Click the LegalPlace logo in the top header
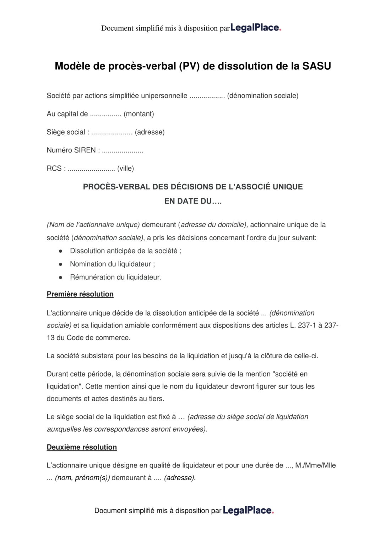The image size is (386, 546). click(256, 28)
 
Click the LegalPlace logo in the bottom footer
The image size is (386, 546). click(248, 510)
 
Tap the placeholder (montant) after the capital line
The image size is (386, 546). click(139, 114)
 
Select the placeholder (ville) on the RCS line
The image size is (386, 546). click(125, 168)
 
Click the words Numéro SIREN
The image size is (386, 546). click(71, 150)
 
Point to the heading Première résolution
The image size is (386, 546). click(80, 294)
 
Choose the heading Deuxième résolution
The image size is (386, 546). click(82, 447)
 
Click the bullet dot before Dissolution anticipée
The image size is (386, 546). click(61, 251)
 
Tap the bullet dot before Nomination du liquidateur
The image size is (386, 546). click(61, 264)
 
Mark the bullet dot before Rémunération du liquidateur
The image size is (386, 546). click(61, 277)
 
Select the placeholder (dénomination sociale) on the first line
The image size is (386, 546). click(262, 96)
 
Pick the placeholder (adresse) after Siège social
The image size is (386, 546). click(149, 132)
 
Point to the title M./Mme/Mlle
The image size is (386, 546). click(315, 465)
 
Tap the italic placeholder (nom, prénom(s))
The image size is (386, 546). click(82, 477)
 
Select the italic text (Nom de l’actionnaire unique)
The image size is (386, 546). click(93, 225)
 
